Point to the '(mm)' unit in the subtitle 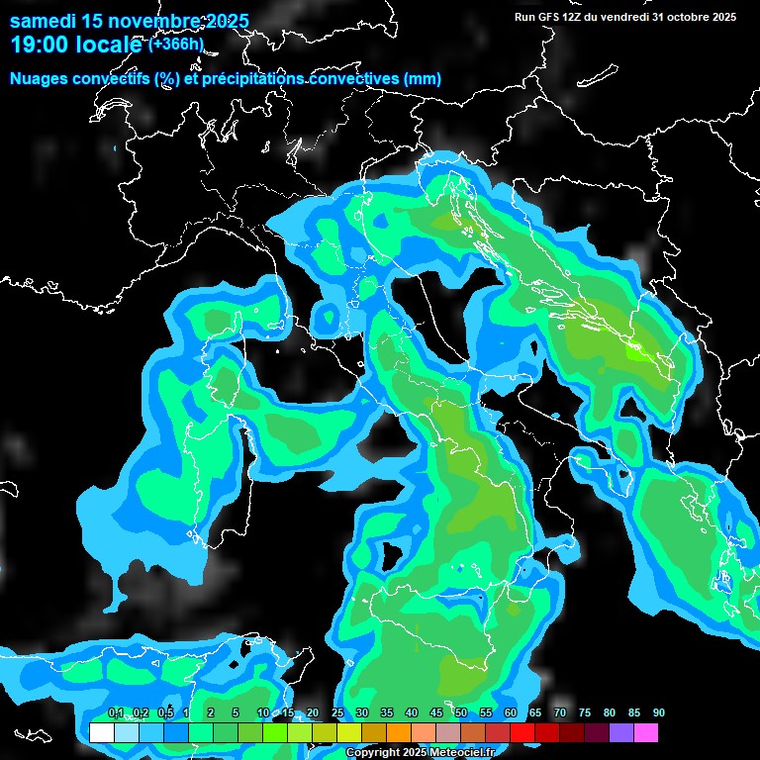click(x=422, y=78)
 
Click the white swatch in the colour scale click(x=101, y=733)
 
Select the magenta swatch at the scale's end click(x=645, y=733)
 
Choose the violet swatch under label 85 click(x=620, y=733)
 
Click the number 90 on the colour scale click(x=659, y=713)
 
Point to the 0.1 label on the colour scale click(x=116, y=713)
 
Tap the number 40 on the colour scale click(x=412, y=713)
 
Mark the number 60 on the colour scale click(x=511, y=713)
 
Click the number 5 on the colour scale click(x=236, y=713)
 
